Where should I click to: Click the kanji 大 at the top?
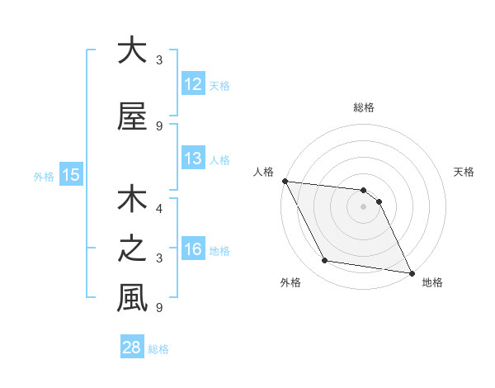coord(132,50)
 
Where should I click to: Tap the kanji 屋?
coord(132,116)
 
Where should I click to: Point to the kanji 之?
coord(132,249)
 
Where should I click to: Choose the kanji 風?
coord(132,299)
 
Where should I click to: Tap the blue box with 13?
coord(192,159)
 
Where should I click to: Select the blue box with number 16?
coord(192,249)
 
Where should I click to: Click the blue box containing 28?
coord(131,348)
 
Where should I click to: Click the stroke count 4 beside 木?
coord(159,209)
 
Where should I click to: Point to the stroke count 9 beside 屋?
coord(159,126)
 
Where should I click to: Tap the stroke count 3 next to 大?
coord(159,60)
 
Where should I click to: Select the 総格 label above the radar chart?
coord(363,107)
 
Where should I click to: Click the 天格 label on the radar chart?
coord(464,172)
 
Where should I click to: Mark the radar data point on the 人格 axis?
coord(285,181)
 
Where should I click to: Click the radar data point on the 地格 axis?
coord(411,272)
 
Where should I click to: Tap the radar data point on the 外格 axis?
coord(325,261)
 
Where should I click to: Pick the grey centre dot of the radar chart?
coord(363,206)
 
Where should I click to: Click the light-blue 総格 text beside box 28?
coord(158,349)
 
